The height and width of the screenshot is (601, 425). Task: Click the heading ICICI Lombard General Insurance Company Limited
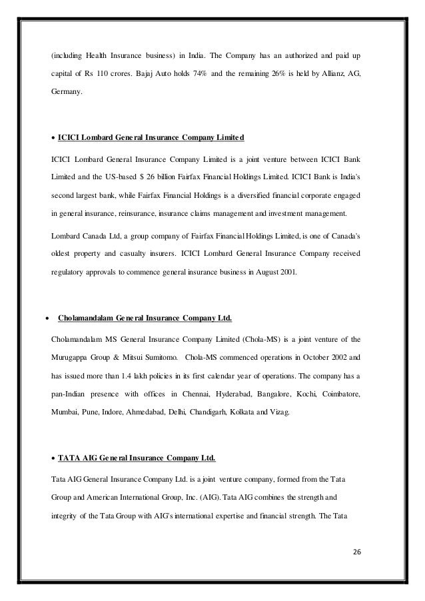click(151, 138)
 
